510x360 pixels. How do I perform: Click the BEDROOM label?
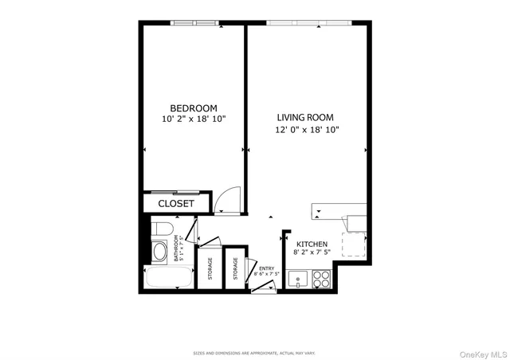pos(194,108)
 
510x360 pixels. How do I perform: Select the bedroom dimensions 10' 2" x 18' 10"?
pos(194,119)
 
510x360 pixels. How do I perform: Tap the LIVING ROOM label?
pos(308,116)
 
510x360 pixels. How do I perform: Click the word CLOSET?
pos(175,204)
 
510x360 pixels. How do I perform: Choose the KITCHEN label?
pos(312,245)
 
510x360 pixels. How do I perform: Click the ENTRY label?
pos(265,268)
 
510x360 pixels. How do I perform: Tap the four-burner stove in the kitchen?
pos(321,279)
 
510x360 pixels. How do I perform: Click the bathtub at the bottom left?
pos(169,279)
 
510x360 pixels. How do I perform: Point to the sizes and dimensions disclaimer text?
pos(254,352)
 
